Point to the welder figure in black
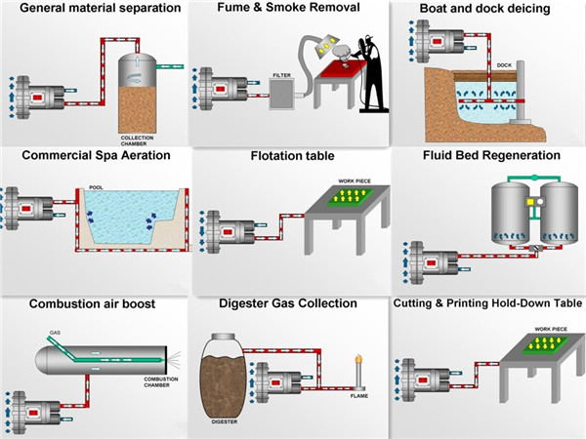pos(368,73)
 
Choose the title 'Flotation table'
pos(291,155)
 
